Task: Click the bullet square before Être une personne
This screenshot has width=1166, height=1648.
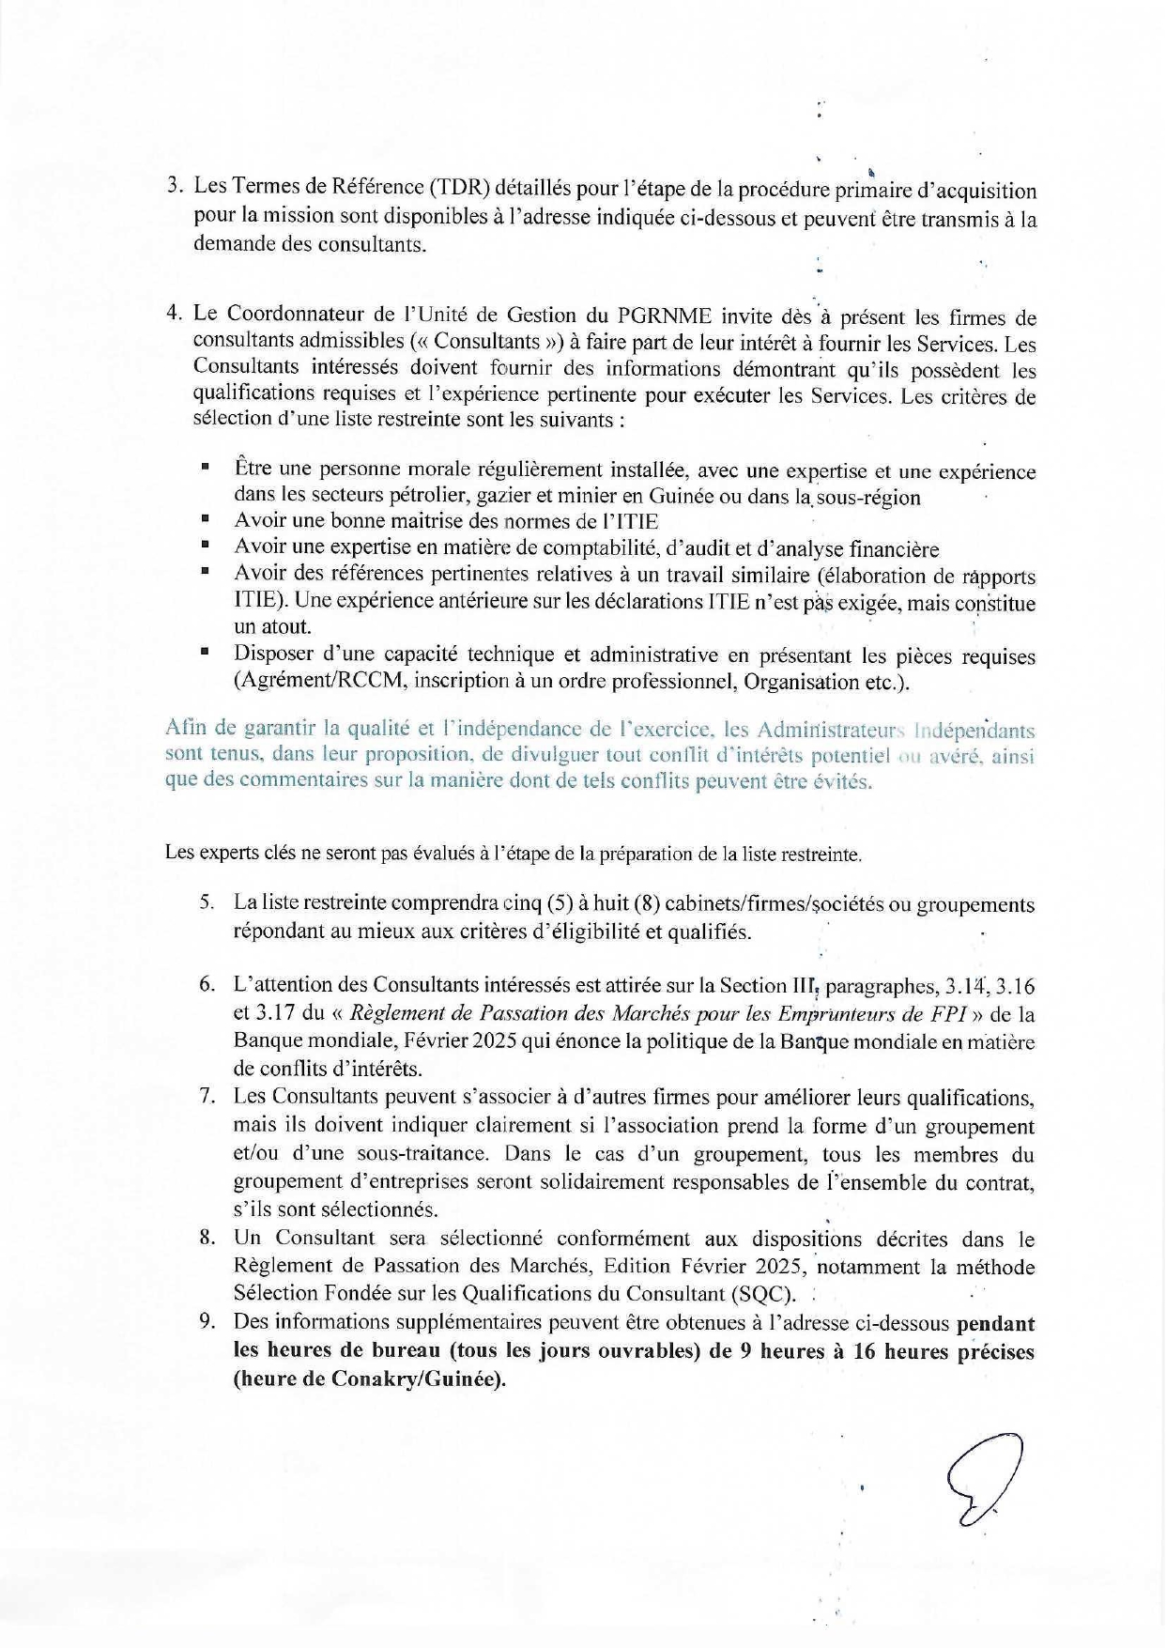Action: [205, 465]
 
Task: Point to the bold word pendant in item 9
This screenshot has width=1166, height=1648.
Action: [995, 1323]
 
